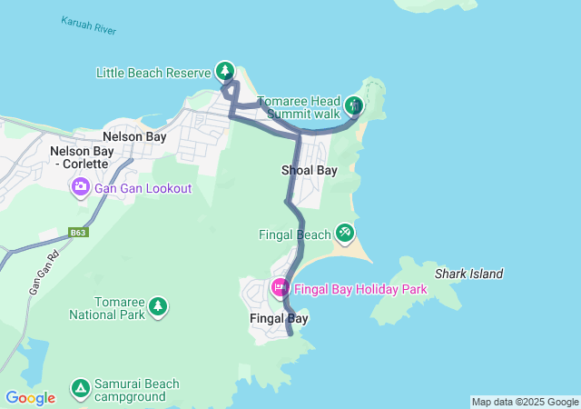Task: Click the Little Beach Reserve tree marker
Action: (224, 70)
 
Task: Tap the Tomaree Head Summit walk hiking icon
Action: (353, 105)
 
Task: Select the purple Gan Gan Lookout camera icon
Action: (81, 187)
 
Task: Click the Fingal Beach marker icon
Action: (344, 234)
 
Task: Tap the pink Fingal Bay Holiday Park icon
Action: (281, 288)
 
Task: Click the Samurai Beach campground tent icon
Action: (81, 389)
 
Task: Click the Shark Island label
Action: (468, 274)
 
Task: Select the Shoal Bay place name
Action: (309, 170)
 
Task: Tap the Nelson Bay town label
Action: (134, 136)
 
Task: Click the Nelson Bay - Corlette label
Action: (78, 157)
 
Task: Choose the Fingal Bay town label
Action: (279, 319)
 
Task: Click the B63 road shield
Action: (78, 233)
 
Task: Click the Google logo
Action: (30, 397)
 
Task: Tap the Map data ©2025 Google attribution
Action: (524, 402)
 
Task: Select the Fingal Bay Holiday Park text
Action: (360, 289)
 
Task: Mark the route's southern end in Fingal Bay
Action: (290, 334)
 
